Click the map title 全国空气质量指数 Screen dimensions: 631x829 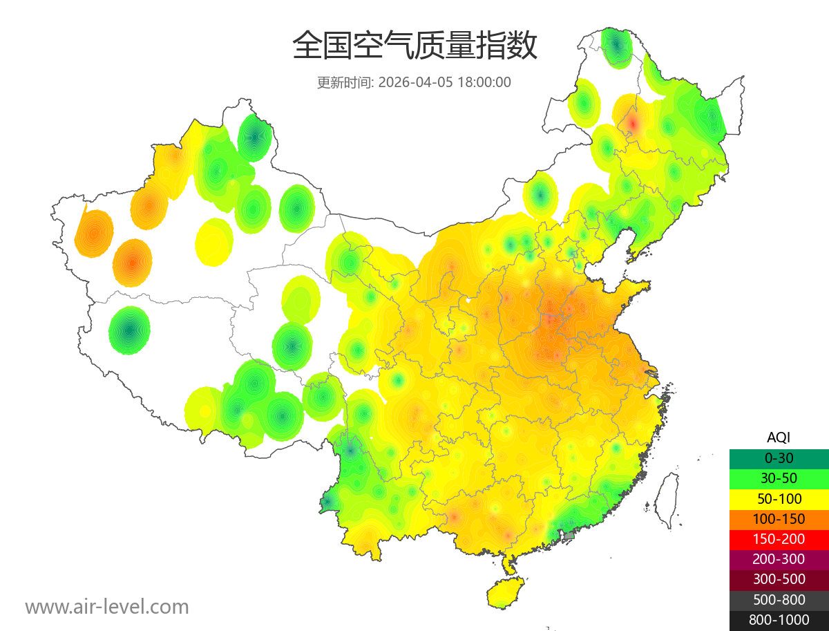pos(414,46)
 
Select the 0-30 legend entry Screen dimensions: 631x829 pos(779,458)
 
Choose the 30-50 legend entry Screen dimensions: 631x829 pos(779,478)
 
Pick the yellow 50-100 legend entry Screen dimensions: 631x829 pos(779,498)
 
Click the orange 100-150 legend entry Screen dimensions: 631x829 pos(779,519)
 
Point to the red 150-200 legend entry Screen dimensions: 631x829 pos(779,539)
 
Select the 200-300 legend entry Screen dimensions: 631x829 pos(779,559)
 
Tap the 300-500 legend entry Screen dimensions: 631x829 pos(779,579)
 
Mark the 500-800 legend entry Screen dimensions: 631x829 pos(779,600)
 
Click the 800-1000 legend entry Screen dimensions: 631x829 pos(779,620)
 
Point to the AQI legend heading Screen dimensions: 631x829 pos(779,437)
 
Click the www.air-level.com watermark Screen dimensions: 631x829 pos(107,608)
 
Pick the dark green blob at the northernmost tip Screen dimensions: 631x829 pos(616,46)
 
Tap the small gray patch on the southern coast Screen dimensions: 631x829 pos(569,536)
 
